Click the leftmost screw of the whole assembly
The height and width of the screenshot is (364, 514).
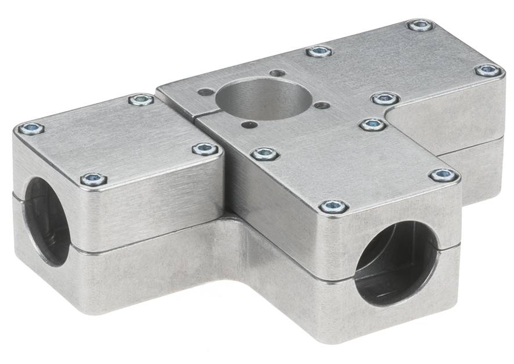point(31,129)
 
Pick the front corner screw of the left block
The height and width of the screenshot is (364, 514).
point(93,179)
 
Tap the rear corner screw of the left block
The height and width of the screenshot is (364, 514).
point(141,100)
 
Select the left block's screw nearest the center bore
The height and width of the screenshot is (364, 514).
point(205,149)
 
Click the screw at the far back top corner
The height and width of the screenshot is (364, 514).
point(419,25)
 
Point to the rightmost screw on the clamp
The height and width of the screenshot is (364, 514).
point(488,70)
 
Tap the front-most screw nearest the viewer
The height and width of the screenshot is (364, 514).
point(334,206)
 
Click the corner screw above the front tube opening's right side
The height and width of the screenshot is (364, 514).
point(444,175)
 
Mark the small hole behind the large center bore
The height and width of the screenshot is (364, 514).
point(278,74)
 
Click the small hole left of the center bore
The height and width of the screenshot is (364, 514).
point(204,91)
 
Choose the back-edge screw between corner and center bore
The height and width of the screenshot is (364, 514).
point(319,52)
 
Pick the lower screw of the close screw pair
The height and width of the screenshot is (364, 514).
point(373,124)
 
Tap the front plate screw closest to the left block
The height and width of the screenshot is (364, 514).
point(265,154)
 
